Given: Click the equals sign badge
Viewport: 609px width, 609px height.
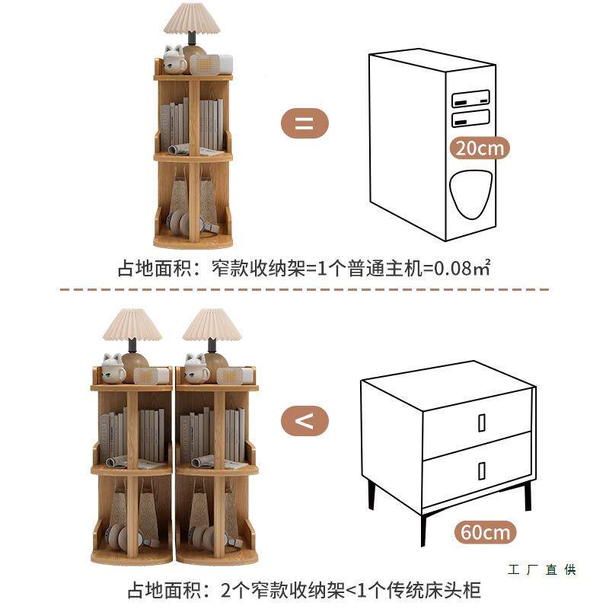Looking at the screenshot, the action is (304, 123).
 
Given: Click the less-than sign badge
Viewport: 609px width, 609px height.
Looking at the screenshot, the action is (304, 420).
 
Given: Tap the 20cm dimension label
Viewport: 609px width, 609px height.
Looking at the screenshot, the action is (479, 148).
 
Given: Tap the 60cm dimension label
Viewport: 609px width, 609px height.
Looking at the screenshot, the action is (486, 531).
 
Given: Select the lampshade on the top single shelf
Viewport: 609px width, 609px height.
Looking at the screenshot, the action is (192, 18).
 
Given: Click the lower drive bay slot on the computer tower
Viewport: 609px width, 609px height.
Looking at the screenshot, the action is (470, 118).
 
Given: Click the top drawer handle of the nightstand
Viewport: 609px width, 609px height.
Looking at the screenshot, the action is (482, 422).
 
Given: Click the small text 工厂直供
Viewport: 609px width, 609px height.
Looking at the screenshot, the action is (541, 570).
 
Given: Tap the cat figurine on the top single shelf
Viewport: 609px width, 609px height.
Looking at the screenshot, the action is (174, 59).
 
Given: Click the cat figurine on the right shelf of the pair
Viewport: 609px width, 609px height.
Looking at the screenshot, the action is (196, 368).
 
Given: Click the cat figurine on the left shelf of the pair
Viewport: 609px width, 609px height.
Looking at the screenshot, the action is (113, 368).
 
